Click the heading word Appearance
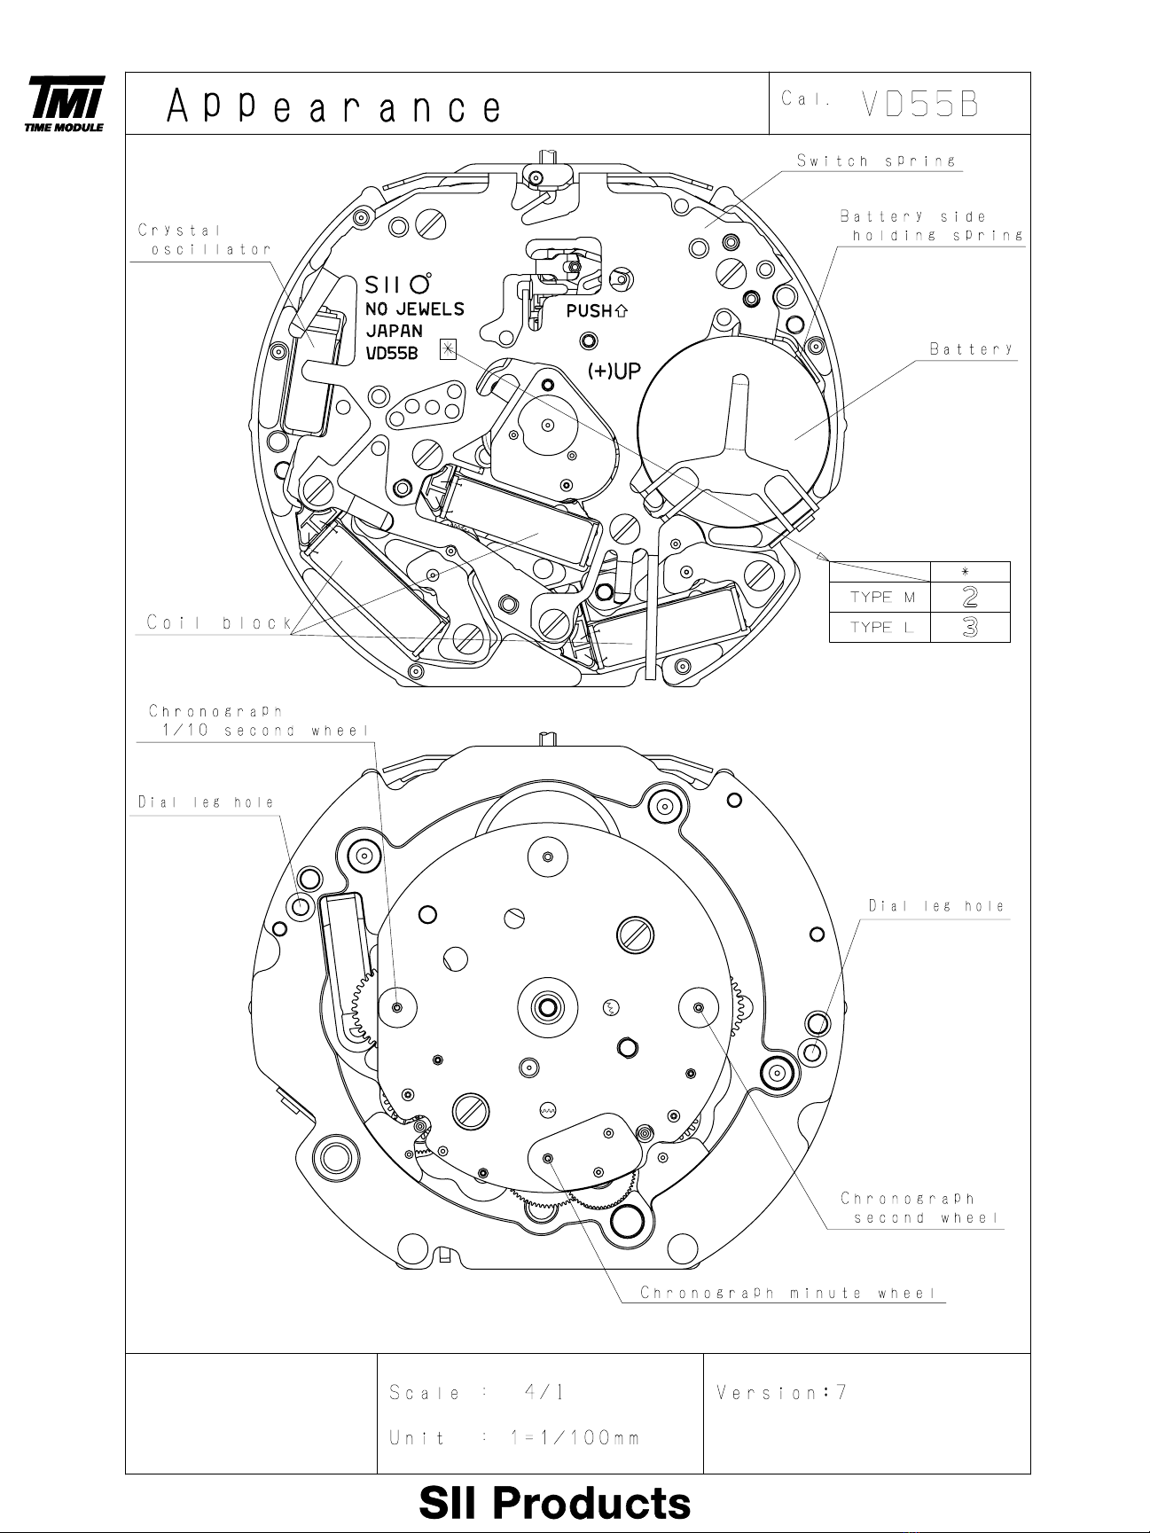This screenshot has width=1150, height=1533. point(333,107)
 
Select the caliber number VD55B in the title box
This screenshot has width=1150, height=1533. point(919,105)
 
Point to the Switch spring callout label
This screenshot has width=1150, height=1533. point(876,160)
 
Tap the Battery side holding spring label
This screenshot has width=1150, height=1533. point(932,225)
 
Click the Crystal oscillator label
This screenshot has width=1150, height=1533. point(204,239)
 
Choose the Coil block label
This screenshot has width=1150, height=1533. point(219,622)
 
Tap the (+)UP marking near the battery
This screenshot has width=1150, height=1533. point(614,371)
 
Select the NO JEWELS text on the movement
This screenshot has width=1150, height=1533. point(415,309)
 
